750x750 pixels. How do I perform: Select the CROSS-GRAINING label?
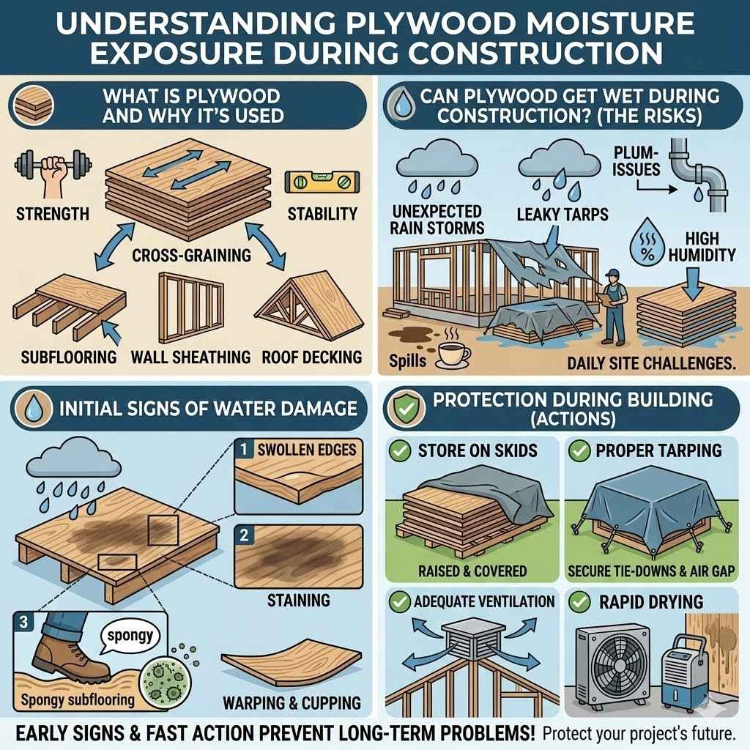pos(191,256)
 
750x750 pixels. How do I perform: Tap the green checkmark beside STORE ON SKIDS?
pos(400,450)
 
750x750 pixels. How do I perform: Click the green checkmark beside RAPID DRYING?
pos(580,602)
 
